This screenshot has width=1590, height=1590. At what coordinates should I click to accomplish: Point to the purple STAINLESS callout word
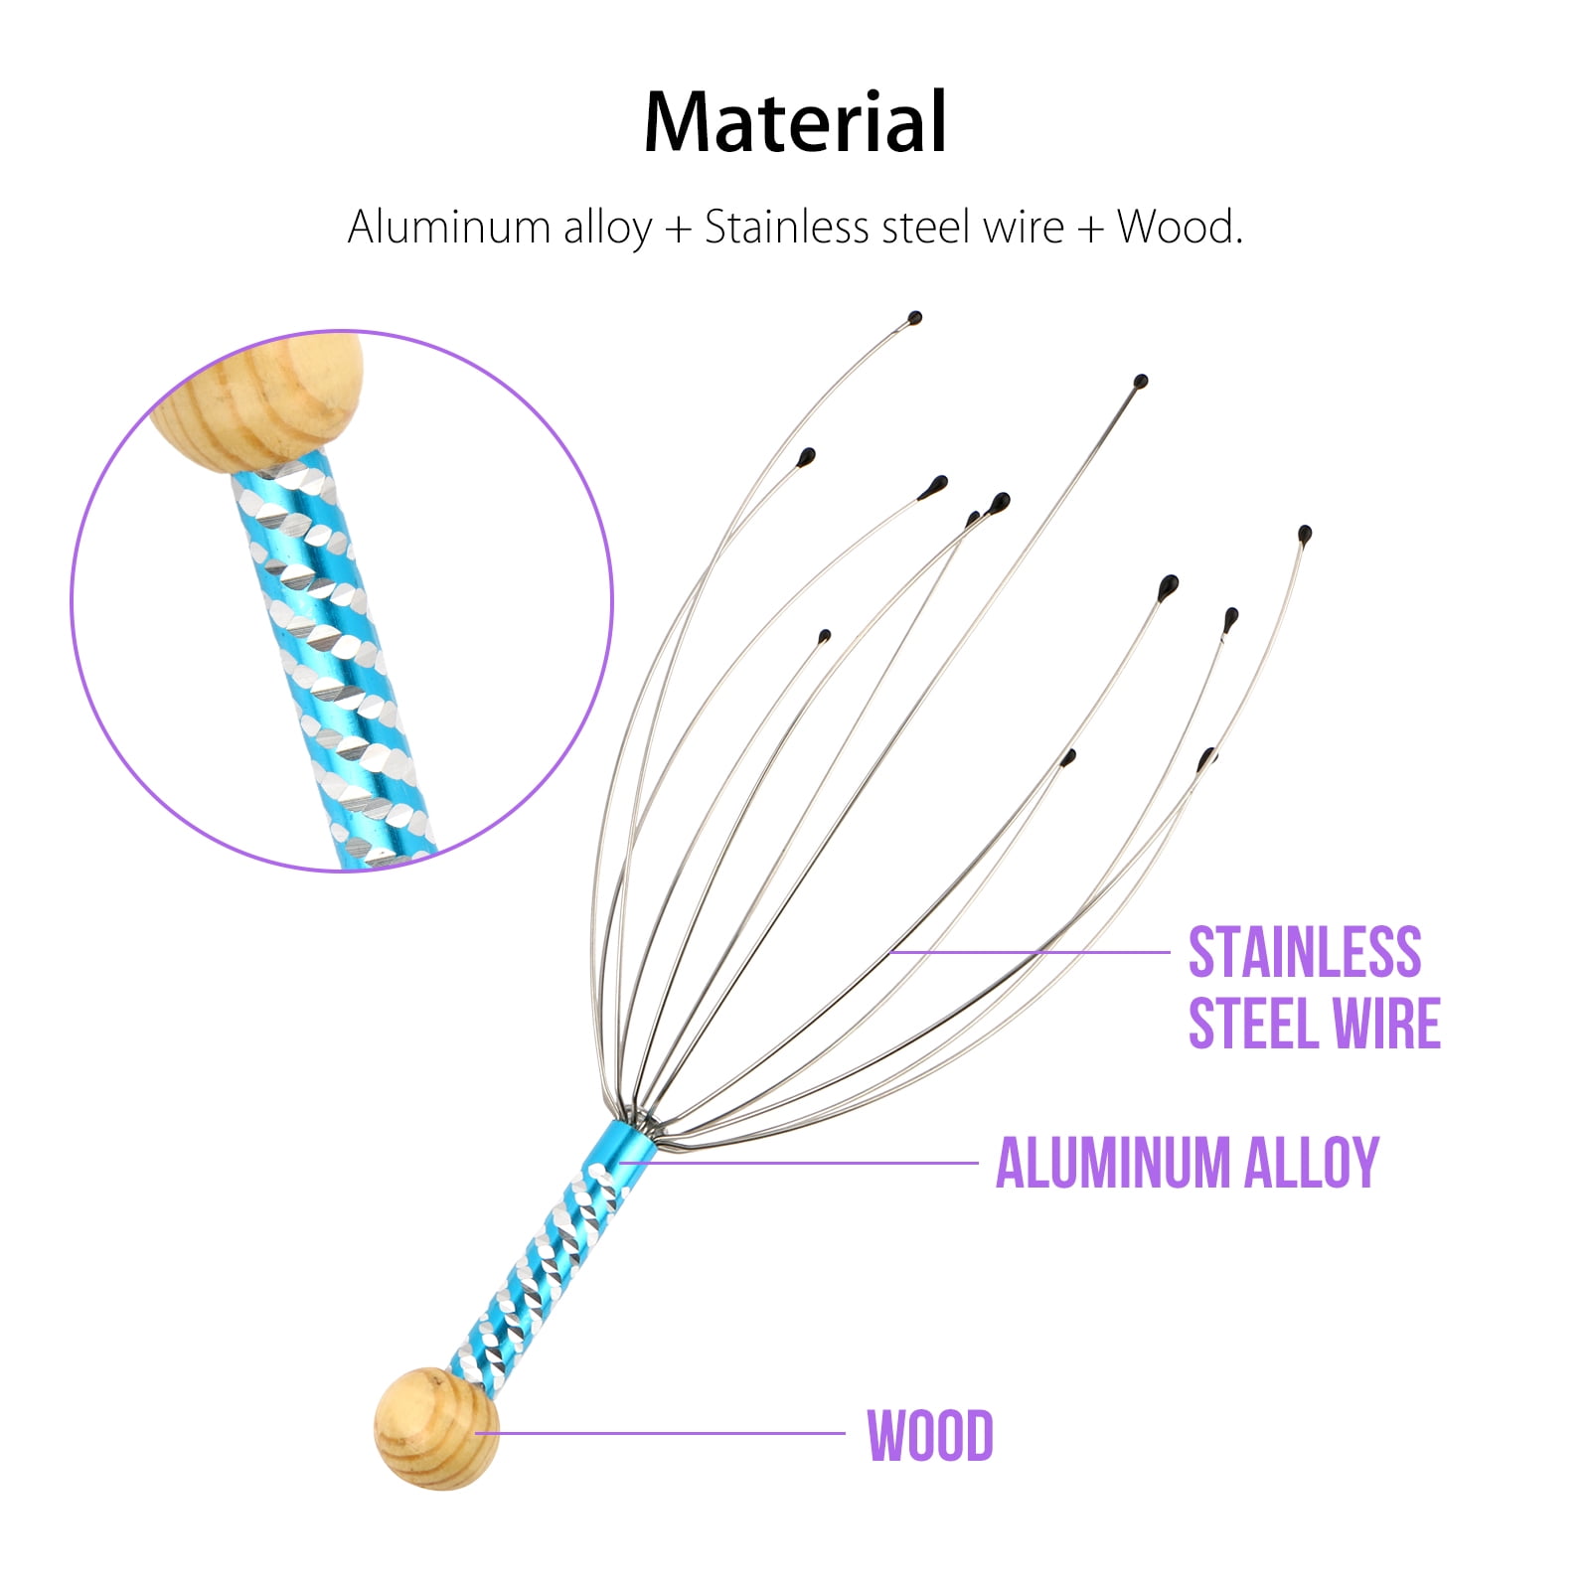[1305, 952]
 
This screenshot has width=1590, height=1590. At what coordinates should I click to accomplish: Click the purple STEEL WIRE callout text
[1315, 1023]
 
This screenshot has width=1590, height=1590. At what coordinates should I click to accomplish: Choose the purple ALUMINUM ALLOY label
[1188, 1162]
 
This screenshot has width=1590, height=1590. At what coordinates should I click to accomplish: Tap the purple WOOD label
[930, 1435]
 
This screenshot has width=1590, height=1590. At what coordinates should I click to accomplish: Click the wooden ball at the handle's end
[436, 1428]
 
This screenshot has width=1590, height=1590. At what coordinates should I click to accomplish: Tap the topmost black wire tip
[914, 319]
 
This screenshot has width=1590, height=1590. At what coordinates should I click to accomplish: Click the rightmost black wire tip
[1305, 534]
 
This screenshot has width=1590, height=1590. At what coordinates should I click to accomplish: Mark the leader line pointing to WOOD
[660, 1433]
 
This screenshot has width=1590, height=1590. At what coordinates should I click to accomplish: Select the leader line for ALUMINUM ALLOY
[799, 1162]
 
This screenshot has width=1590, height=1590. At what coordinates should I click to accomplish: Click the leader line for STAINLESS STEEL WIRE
[1031, 952]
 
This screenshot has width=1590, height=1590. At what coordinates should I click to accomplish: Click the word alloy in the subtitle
[607, 229]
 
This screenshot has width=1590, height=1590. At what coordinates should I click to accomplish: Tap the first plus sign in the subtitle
[678, 229]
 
